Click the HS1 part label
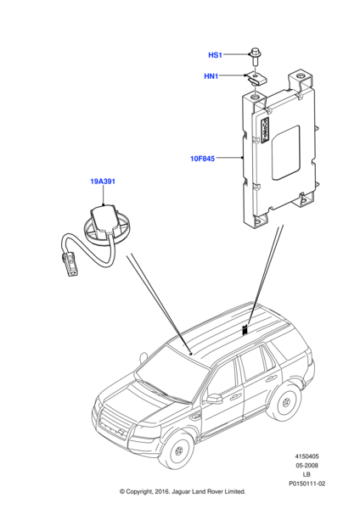point(215,55)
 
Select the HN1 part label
point(211,76)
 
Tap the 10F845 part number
point(202,159)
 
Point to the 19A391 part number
point(103,182)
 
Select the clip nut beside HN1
point(256,80)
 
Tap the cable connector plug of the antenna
point(70,265)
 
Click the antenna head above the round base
point(102,219)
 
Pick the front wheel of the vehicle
point(178,450)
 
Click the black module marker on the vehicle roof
point(245,330)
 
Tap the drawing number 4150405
point(307,456)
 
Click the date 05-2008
point(307,466)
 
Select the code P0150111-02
point(307,484)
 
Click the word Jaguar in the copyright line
point(183,492)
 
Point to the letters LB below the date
point(307,474)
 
